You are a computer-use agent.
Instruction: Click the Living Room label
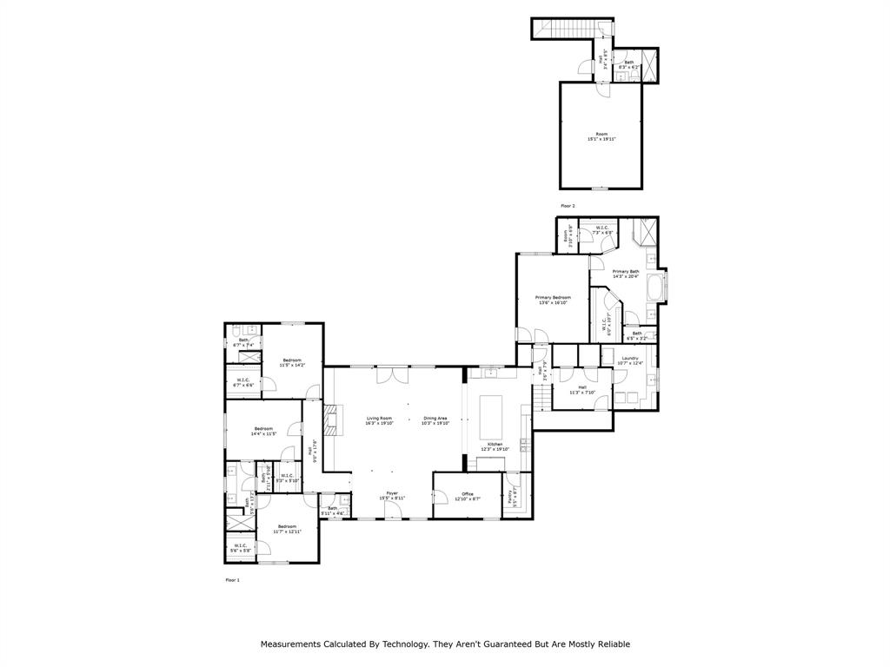379,420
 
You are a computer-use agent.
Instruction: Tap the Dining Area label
435,420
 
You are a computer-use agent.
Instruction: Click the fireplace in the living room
330,421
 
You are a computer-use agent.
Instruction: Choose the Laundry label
629,360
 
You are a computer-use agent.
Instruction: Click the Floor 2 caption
568,206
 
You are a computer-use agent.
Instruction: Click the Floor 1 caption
232,579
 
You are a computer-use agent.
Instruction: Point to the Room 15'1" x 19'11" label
601,136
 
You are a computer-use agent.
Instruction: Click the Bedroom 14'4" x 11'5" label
263,430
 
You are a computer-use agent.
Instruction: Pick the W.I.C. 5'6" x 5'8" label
242,548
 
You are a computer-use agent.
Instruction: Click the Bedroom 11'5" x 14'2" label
291,362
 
